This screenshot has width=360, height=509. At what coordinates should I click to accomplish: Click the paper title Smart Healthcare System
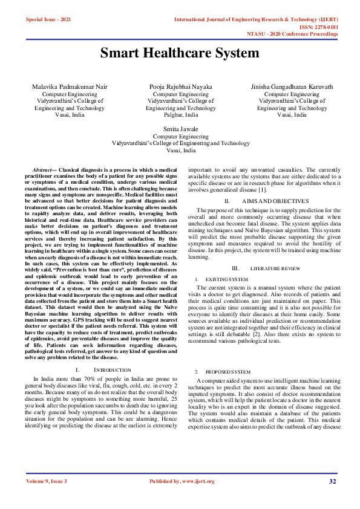pos(180,53)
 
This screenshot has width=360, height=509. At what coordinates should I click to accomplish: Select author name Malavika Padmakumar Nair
pos(70,87)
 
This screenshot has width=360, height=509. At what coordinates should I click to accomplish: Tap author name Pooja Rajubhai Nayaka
pos(180,87)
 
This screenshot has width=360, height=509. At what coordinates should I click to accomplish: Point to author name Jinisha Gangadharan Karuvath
pos(292,87)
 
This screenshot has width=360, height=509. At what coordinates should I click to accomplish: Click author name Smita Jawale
pos(180,129)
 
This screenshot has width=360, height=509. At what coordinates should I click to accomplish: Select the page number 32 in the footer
pos(332,481)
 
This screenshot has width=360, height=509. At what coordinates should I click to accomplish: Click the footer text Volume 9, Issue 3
pos(47,481)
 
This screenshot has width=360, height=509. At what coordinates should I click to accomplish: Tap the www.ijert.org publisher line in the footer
pos(182,481)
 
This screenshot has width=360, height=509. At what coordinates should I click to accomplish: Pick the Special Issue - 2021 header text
pos(48,20)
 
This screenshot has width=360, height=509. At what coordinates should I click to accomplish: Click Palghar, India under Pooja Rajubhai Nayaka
pos(180,114)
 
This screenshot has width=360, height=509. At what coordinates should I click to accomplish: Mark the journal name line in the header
pos(257,20)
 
